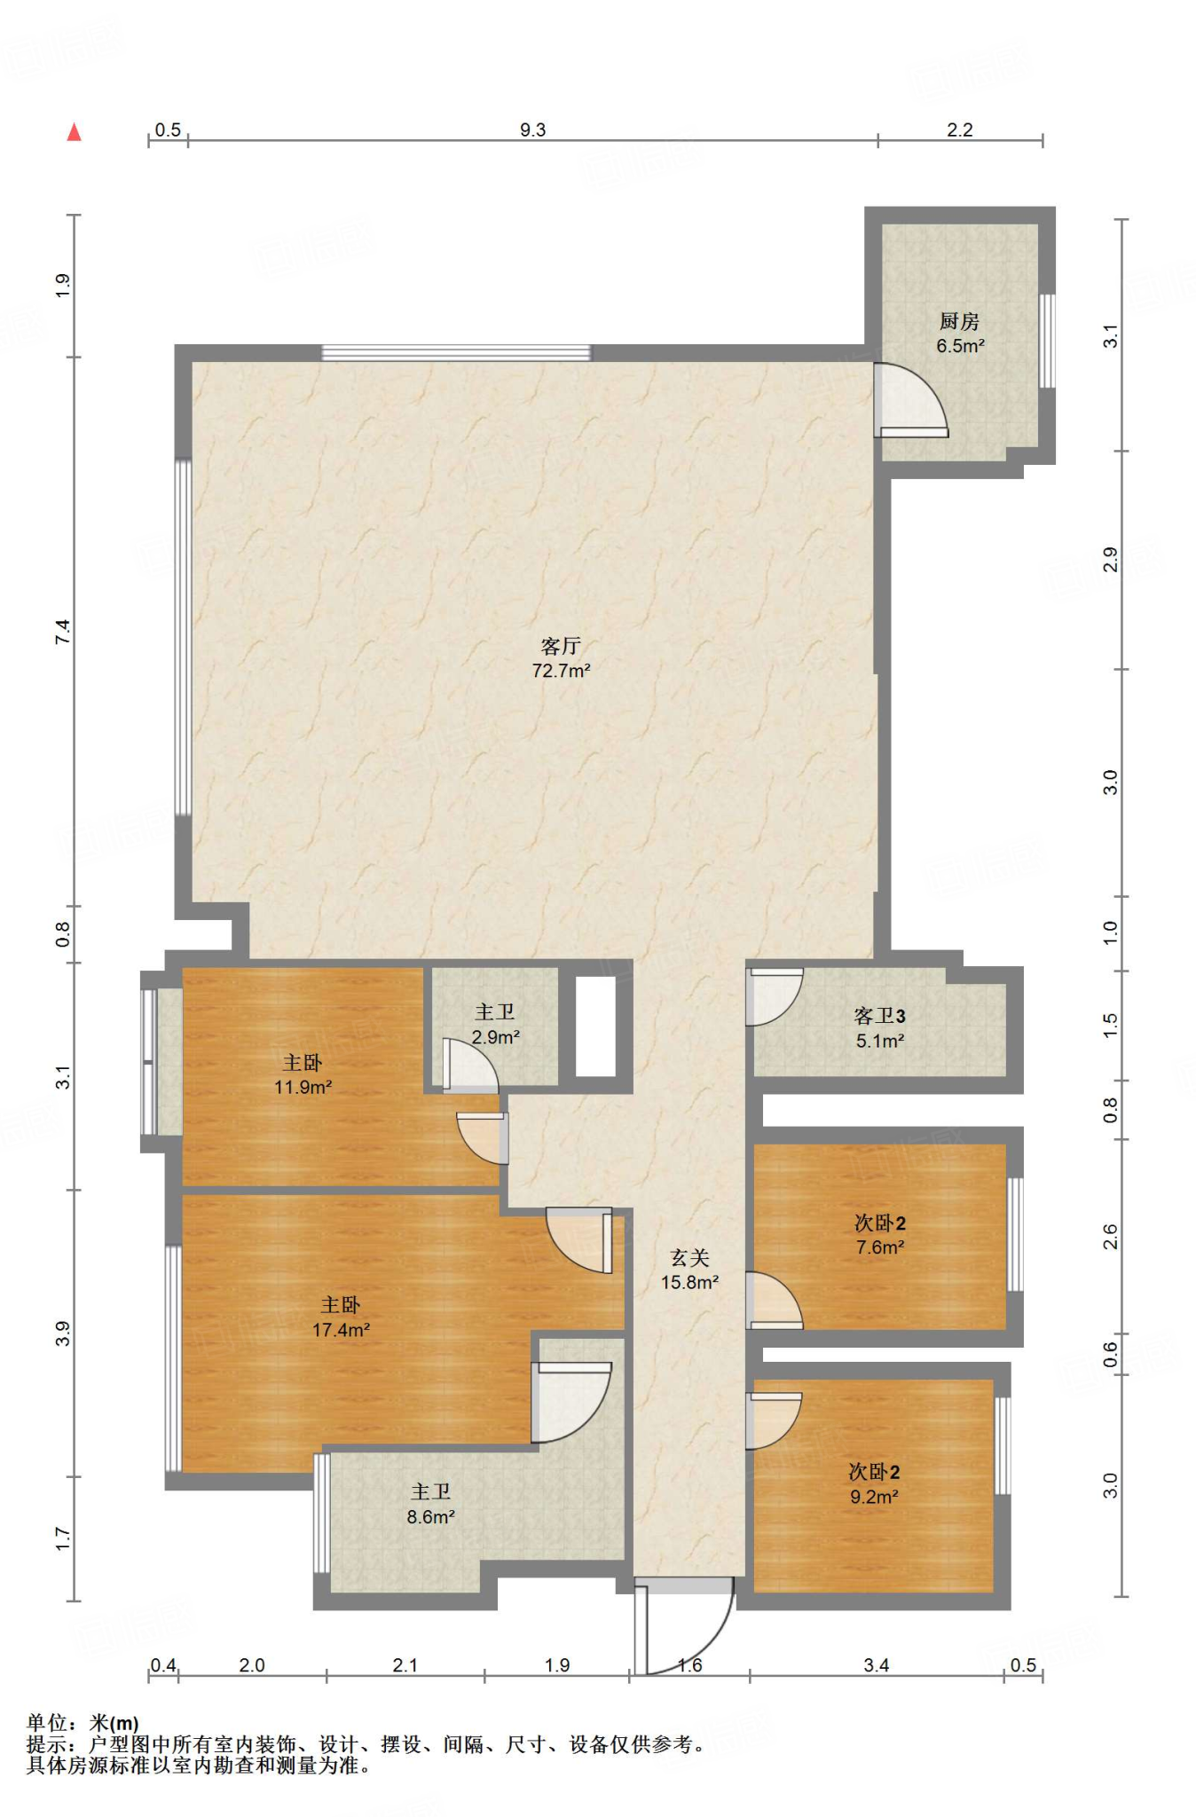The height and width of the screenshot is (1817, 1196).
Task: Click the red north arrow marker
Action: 75,132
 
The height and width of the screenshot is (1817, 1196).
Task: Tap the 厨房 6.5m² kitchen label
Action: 960,334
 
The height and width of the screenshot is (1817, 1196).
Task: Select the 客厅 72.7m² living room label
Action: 561,658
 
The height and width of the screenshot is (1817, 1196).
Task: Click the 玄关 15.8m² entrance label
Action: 689,1270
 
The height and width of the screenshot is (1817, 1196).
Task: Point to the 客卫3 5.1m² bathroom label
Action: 879,1028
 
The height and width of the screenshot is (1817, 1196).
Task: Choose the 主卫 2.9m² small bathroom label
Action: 495,1024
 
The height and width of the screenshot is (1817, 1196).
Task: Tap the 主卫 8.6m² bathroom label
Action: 431,1505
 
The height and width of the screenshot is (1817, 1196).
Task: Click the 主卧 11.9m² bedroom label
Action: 303,1074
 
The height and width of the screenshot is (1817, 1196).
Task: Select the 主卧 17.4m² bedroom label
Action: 341,1317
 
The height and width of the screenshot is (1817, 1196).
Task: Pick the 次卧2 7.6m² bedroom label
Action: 879,1235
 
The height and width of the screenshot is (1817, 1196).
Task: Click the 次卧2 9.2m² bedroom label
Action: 874,1484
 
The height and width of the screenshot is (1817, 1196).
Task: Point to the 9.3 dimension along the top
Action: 532,130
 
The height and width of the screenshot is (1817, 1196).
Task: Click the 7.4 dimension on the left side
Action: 62,632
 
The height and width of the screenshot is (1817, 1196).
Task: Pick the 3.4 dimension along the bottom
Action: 877,1665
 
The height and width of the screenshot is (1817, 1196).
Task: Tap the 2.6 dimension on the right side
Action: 1110,1236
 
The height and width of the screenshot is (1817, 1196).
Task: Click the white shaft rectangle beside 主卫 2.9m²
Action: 595,1026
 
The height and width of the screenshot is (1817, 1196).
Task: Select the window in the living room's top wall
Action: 456,352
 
